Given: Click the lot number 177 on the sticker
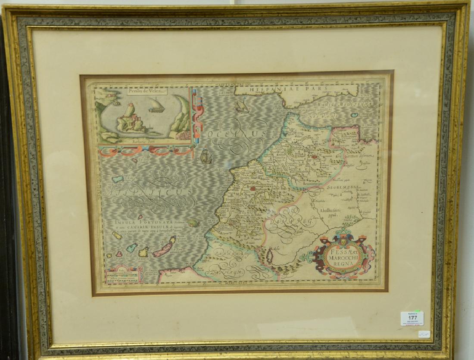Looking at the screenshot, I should point(412,317).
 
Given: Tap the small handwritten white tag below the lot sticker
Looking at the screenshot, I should point(424,334).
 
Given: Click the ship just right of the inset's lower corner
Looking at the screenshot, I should point(206,156).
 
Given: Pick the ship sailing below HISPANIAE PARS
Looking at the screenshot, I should point(242,106).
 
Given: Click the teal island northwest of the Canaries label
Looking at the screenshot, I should point(118,179).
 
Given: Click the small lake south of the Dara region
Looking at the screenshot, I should point(270,257).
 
